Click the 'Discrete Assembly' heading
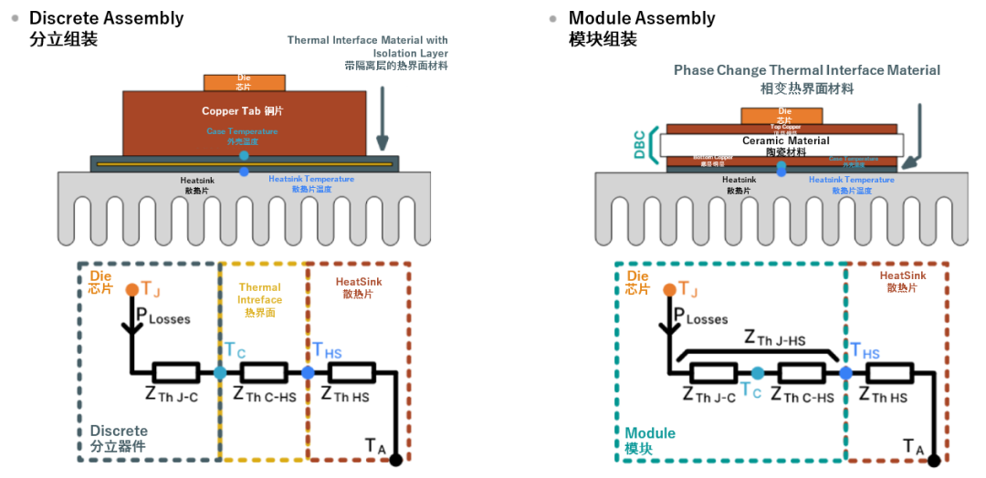pyautogui.click(x=106, y=18)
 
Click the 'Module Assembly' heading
pyautogui.click(x=642, y=18)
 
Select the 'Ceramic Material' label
pyautogui.click(x=785, y=140)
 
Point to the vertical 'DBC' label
pyautogui.click(x=640, y=144)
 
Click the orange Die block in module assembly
pyautogui.click(x=775, y=116)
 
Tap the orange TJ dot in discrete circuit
pyautogui.click(x=132, y=289)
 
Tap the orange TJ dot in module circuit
pyautogui.click(x=671, y=289)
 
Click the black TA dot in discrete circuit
pyautogui.click(x=394, y=461)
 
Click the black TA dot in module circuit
pyautogui.click(x=932, y=461)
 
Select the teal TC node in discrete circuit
pyautogui.click(x=220, y=372)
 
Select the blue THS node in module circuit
pyautogui.click(x=845, y=372)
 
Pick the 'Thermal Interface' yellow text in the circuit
pyautogui.click(x=260, y=293)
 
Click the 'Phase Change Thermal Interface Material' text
pyautogui.click(x=806, y=70)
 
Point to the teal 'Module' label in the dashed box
pyautogui.click(x=650, y=432)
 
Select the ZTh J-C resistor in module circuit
pyautogui.click(x=713, y=372)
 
